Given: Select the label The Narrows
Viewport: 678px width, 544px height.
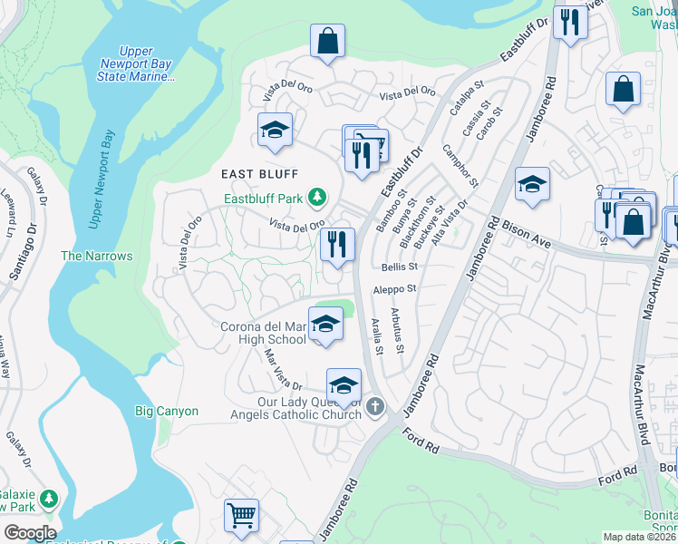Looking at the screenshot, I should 96,257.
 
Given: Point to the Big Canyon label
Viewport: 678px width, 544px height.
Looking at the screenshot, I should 167,411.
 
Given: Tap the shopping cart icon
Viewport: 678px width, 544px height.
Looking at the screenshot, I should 241,516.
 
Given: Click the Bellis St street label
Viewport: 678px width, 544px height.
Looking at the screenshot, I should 399,267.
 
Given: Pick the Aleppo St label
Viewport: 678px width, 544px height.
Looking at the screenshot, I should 394,289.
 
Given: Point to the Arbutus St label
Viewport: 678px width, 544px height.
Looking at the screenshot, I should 396,324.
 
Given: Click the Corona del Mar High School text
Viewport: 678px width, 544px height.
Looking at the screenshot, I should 263,333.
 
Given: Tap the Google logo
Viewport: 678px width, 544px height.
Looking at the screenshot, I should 30,533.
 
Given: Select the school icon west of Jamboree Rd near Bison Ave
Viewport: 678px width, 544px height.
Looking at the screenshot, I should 532,185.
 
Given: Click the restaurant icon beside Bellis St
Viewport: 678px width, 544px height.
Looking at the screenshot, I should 336,243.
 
